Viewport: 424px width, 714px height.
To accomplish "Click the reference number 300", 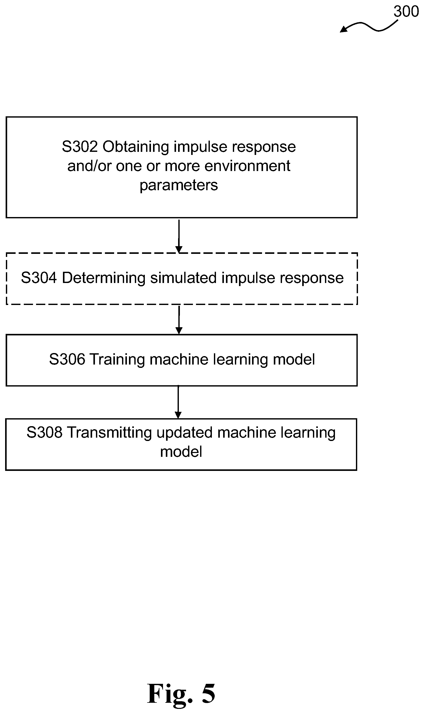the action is click(406, 12).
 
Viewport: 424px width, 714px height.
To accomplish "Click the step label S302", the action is click(80, 147).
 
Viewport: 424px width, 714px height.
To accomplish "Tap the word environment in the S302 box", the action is click(247, 166).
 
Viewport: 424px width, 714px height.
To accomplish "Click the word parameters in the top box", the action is click(179, 185).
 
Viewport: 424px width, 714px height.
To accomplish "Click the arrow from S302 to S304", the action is click(179, 236).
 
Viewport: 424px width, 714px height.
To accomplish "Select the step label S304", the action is click(39, 278).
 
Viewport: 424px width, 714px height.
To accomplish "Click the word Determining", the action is click(104, 278).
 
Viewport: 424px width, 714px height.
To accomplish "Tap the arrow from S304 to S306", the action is click(179, 320).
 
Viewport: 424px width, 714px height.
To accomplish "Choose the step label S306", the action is click(67, 359).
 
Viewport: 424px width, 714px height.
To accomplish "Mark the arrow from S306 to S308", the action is click(178, 402).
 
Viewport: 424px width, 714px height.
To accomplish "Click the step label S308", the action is click(45, 433).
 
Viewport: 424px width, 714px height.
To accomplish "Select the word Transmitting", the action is click(110, 433).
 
